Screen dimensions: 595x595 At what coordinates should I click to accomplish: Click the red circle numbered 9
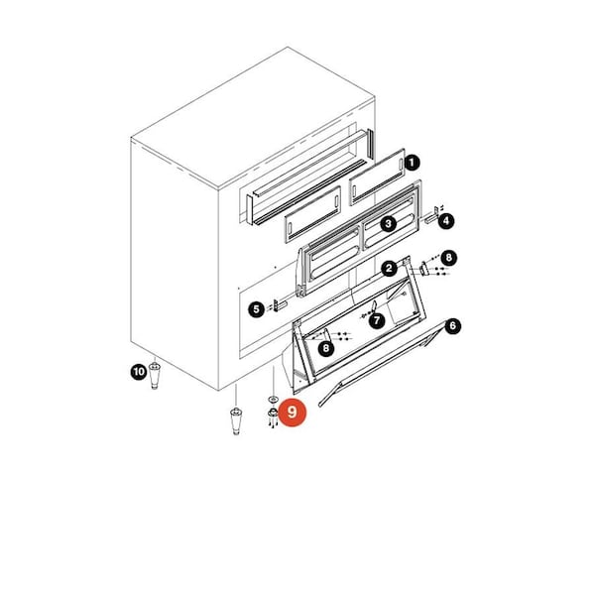(292, 412)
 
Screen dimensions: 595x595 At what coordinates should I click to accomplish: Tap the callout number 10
(139, 372)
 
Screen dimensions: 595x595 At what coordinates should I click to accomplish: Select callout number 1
(413, 164)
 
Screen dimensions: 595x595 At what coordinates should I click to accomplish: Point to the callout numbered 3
(388, 224)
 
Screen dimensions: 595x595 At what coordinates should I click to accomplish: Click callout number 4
(446, 221)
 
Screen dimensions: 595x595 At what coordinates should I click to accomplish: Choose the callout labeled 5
(256, 309)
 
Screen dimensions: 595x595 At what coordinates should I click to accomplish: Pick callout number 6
(453, 326)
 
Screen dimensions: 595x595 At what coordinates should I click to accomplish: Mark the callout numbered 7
(377, 321)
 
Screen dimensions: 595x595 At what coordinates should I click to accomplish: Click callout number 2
(389, 269)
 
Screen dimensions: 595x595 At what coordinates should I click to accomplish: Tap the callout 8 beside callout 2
(449, 258)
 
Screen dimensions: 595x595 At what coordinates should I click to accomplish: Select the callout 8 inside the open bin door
(326, 348)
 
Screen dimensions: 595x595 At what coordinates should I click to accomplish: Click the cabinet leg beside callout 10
(154, 375)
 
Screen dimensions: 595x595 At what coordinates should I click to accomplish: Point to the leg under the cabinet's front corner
(236, 420)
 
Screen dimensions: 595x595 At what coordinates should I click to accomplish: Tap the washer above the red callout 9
(274, 399)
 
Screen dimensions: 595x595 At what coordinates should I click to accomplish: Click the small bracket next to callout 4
(433, 216)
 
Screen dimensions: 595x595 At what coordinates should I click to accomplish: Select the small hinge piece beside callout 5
(280, 305)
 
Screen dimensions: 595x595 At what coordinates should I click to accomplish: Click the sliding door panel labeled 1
(377, 177)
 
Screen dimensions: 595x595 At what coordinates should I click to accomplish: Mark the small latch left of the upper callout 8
(423, 269)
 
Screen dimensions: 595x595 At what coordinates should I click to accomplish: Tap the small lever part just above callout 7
(374, 305)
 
